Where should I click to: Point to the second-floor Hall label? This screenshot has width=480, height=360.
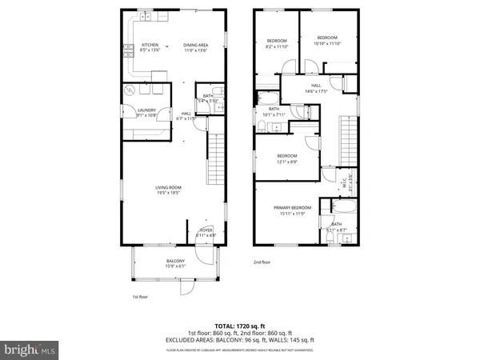click(316, 88)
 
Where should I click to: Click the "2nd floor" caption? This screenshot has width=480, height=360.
click(262, 262)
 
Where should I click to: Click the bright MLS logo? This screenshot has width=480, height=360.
click(30, 348)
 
